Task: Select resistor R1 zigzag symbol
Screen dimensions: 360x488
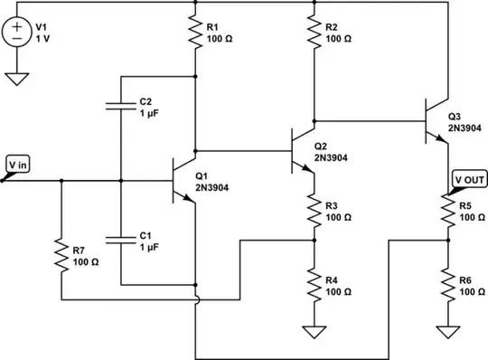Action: pyautogui.click(x=195, y=33)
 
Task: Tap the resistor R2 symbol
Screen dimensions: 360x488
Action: pyautogui.click(x=313, y=33)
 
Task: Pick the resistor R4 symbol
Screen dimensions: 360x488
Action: pyautogui.click(x=313, y=285)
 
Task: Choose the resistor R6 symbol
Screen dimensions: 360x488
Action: pyautogui.click(x=448, y=285)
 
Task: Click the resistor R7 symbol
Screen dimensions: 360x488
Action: pyautogui.click(x=61, y=256)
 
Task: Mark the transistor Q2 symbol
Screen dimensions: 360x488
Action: pyautogui.click(x=302, y=150)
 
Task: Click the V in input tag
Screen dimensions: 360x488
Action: pyautogui.click(x=15, y=166)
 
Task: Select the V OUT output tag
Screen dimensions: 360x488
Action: pyautogui.click(x=469, y=179)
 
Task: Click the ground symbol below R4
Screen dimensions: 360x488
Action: pyautogui.click(x=313, y=332)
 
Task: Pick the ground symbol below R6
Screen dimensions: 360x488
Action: pyautogui.click(x=448, y=332)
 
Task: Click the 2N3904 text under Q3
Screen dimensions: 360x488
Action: pyautogui.click(x=465, y=128)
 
